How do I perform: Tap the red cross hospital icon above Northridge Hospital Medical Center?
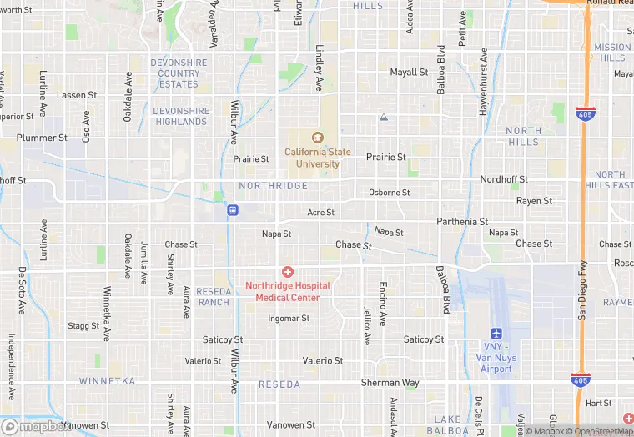point(288,272)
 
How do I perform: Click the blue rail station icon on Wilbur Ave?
point(232,210)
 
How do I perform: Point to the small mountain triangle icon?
point(383,118)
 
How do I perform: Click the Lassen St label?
point(77,95)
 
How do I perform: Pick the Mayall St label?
point(409,73)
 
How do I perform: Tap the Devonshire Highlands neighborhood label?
point(180,116)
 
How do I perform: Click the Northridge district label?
point(273,186)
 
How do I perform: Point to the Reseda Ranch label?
point(213,296)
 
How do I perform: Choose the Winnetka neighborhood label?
point(107,381)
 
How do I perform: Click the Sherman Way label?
point(390,383)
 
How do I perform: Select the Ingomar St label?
point(289,319)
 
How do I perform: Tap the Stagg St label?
point(83,326)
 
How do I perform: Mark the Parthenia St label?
point(462,222)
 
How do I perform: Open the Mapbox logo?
point(36,426)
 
